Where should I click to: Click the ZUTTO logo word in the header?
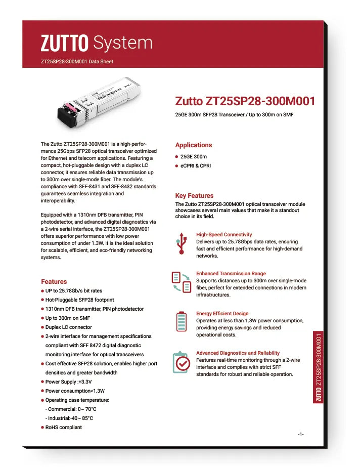[65, 44]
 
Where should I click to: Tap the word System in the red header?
[123, 44]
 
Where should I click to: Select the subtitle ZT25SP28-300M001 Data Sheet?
[77, 62]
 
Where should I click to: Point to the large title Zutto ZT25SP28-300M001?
[245, 101]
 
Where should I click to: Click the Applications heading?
[194, 145]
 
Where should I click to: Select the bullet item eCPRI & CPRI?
[196, 166]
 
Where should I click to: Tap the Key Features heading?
[194, 195]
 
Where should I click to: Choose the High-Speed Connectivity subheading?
[224, 235]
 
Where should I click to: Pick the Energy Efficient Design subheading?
[222, 314]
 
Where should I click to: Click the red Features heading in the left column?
[54, 281]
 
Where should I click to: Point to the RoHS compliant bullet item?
[64, 428]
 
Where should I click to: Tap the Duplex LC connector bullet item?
[69, 327]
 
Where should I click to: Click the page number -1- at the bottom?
[300, 435]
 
